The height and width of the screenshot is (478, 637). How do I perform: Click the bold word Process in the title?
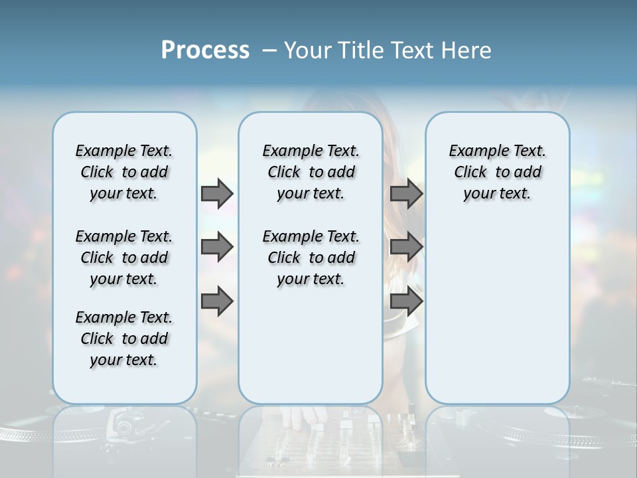(x=205, y=50)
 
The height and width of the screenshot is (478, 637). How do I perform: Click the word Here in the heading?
(x=467, y=50)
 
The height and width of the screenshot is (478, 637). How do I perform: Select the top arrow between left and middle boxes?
(x=217, y=193)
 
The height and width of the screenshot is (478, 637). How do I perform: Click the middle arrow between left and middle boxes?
(x=217, y=247)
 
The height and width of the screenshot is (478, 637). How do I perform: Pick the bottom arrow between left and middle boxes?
(x=217, y=301)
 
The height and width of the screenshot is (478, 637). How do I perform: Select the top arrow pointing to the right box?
(x=406, y=193)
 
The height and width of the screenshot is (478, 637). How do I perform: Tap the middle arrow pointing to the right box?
(x=406, y=247)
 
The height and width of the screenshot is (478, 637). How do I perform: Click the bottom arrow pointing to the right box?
(x=406, y=301)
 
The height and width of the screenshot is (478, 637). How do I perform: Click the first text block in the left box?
(x=124, y=172)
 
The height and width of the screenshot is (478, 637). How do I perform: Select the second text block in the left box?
(x=124, y=258)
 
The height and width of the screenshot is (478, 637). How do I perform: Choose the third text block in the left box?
(x=124, y=339)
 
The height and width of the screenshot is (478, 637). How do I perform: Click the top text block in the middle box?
(x=311, y=172)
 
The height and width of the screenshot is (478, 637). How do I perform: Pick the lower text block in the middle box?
(x=311, y=258)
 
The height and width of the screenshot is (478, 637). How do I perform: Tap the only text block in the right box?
(x=497, y=172)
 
